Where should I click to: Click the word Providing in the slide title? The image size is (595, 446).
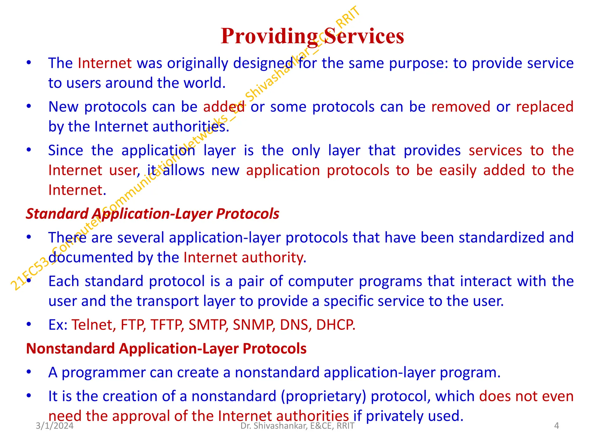[269, 36]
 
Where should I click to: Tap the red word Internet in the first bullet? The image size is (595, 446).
[105, 63]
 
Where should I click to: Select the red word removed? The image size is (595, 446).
[461, 107]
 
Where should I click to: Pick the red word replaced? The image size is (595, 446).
[544, 107]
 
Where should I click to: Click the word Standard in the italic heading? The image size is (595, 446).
[57, 214]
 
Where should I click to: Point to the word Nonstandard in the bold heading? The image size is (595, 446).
[70, 348]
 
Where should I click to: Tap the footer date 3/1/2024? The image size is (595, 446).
[55, 426]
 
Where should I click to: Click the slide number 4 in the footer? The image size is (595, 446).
[556, 426]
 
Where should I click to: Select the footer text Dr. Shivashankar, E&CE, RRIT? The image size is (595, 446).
[297, 426]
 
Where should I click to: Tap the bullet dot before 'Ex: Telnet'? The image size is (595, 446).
[28, 324]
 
